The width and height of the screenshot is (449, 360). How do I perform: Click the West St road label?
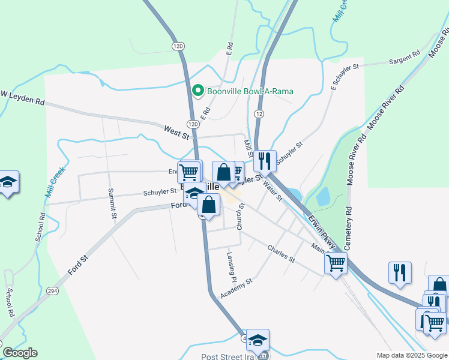click(176, 131)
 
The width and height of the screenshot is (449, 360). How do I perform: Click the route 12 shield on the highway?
click(259, 113)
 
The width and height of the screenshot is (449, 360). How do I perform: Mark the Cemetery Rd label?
click(348, 229)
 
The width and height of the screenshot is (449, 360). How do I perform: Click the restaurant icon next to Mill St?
click(264, 161)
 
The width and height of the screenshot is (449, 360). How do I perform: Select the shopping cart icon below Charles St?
click(336, 262)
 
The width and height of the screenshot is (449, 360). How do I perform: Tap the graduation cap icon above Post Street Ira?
click(258, 340)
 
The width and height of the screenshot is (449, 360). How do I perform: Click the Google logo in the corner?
click(20, 353)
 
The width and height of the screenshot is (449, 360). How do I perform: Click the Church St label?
click(240, 217)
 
